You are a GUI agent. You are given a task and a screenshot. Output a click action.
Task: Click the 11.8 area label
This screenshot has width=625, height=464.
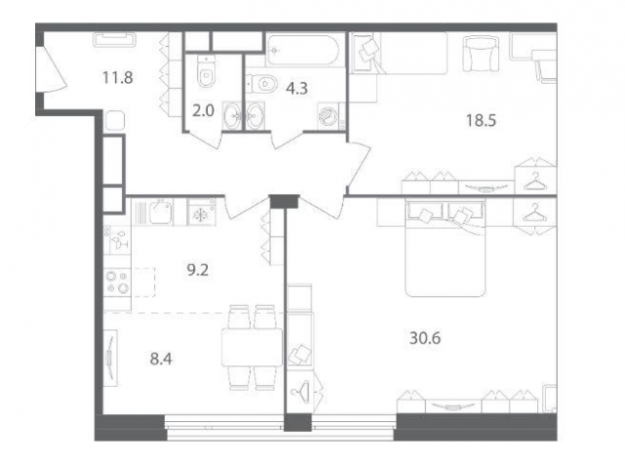pos(117,77)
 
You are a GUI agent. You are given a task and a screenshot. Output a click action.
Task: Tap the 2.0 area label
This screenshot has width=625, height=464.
pos(203,110)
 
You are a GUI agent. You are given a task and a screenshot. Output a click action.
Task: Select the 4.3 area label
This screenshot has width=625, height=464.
pos(297,88)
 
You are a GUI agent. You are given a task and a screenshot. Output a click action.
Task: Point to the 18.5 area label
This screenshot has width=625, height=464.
pos(481,120)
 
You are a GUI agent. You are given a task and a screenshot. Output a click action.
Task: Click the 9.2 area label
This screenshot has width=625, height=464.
pos(197,271)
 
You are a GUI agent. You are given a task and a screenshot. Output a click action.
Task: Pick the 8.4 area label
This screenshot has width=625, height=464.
pos(161,359)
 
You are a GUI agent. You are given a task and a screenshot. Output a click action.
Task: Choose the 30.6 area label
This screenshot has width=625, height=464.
pos(425,338)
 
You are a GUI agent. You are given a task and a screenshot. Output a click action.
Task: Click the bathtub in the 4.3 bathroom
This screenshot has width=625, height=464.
pos(303,50)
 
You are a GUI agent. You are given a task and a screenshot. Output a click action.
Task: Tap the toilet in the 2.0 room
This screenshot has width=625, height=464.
pos(206,71)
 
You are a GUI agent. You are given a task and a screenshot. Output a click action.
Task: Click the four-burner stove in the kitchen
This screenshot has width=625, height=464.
pos(117,281)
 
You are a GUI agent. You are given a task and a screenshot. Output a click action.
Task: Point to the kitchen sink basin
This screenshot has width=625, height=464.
pos(160,211)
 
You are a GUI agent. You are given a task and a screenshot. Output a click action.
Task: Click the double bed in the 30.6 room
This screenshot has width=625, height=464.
pos(445,248)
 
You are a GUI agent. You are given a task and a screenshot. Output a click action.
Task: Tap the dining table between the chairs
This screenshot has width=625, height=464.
pos(252,347)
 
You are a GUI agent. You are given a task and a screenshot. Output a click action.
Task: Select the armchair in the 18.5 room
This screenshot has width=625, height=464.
pos(481,54)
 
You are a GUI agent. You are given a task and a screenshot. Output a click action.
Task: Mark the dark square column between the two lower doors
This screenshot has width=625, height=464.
pos(284,201)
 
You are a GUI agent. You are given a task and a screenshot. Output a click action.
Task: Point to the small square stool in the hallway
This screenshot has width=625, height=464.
pos(115,120)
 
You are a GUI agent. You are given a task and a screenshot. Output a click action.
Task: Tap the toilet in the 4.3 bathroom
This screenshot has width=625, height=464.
pos(262,84)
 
